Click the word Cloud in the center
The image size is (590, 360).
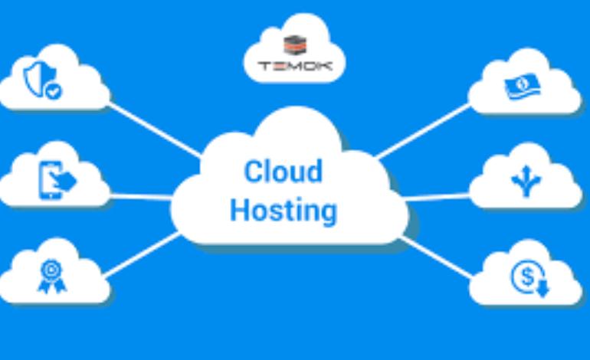(283, 172)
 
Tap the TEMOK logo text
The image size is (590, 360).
(294, 66)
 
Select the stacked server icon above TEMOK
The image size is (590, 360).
(294, 46)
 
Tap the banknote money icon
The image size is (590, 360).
(524, 87)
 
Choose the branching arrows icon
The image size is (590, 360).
(526, 182)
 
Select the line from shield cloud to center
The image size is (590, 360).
(153, 129)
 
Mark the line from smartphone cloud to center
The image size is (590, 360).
(142, 197)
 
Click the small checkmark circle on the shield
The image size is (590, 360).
(54, 92)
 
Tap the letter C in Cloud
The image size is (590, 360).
(251, 172)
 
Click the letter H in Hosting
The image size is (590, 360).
(238, 208)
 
